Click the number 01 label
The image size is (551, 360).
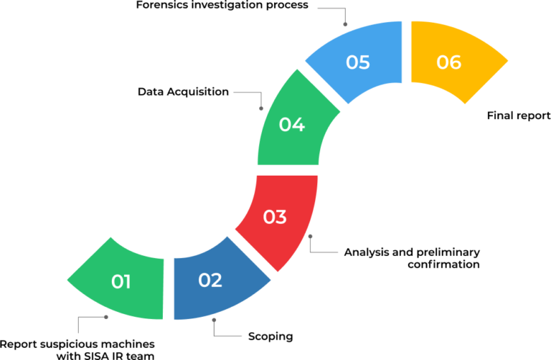(121, 282)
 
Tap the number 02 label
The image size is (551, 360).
(210, 280)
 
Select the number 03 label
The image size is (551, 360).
(275, 217)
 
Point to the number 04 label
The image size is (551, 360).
(292, 125)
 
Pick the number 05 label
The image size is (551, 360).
(358, 62)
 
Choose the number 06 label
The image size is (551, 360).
(449, 62)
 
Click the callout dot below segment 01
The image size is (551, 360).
(106, 316)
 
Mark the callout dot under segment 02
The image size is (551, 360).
(214, 319)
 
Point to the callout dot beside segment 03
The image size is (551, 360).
(310, 236)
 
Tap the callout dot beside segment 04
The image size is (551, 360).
(261, 108)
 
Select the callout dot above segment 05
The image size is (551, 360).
(345, 24)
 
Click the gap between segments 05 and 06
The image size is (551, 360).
(407, 52)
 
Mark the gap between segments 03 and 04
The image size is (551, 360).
(288, 170)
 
